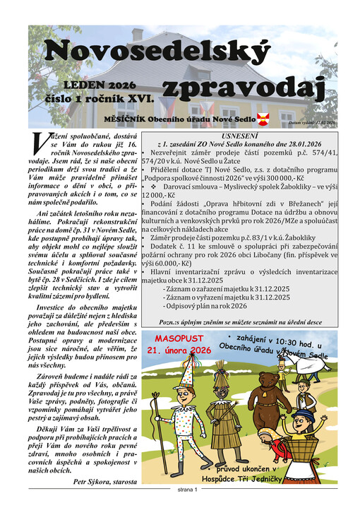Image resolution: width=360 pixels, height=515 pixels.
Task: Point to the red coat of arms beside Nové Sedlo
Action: point(263,118)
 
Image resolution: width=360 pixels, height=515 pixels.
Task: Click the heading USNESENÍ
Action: point(241,133)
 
